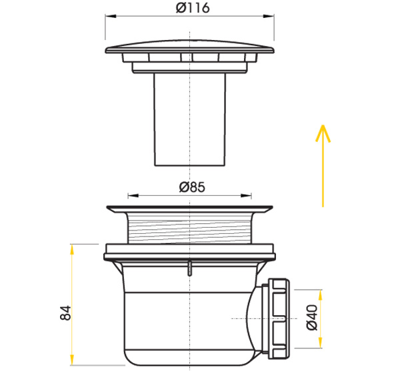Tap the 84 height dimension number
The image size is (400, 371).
coord(65,312)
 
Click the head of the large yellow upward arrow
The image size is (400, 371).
coord(322,130)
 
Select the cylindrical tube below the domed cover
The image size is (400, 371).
coord(191,120)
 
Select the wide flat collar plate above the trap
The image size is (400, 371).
coord(189,252)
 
